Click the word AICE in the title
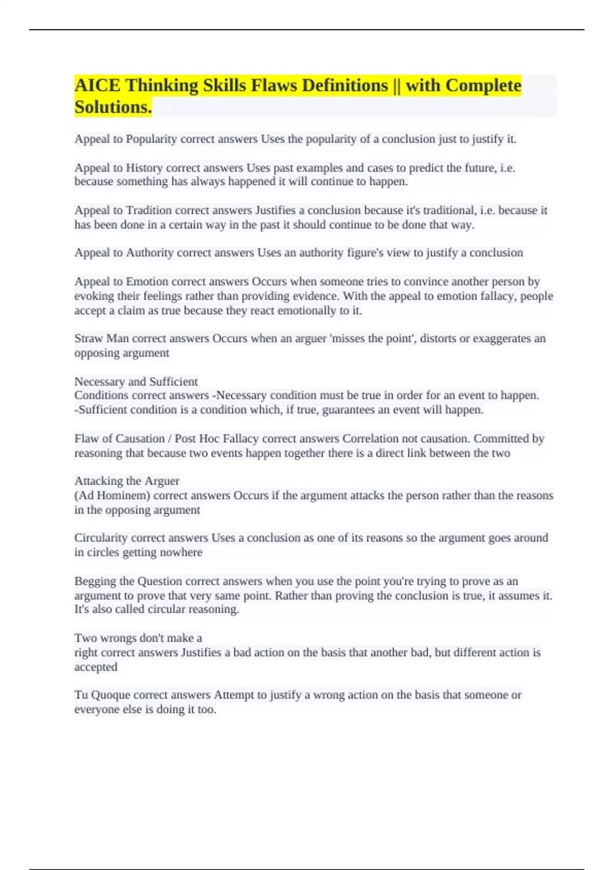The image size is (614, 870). pos(98,85)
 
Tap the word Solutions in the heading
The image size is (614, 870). pos(112,107)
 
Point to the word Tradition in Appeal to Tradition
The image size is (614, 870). pos(149,210)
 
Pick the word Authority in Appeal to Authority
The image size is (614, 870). pos(149,253)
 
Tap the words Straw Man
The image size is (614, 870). pos(102,338)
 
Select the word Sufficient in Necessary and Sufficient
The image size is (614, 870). pos(173,382)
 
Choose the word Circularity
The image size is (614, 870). pos(101,538)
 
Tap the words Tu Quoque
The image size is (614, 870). pos(102,695)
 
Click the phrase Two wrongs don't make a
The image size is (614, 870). pos(138,638)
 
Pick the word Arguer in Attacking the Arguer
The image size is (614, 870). pos(162,481)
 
